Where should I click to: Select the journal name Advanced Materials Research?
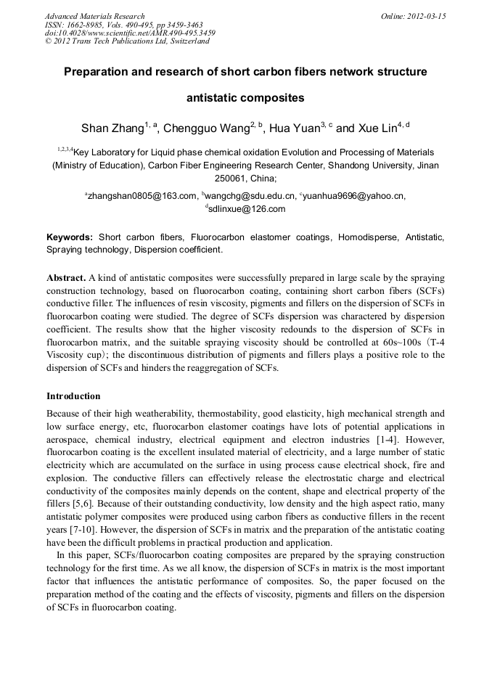tap(95, 16)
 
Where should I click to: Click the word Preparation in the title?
tap(102, 73)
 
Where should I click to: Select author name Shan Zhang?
tap(112, 129)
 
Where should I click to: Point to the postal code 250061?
tap(231, 178)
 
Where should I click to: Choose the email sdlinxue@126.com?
tap(247, 209)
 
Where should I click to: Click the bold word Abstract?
tap(66, 278)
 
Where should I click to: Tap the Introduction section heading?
tap(73, 396)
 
